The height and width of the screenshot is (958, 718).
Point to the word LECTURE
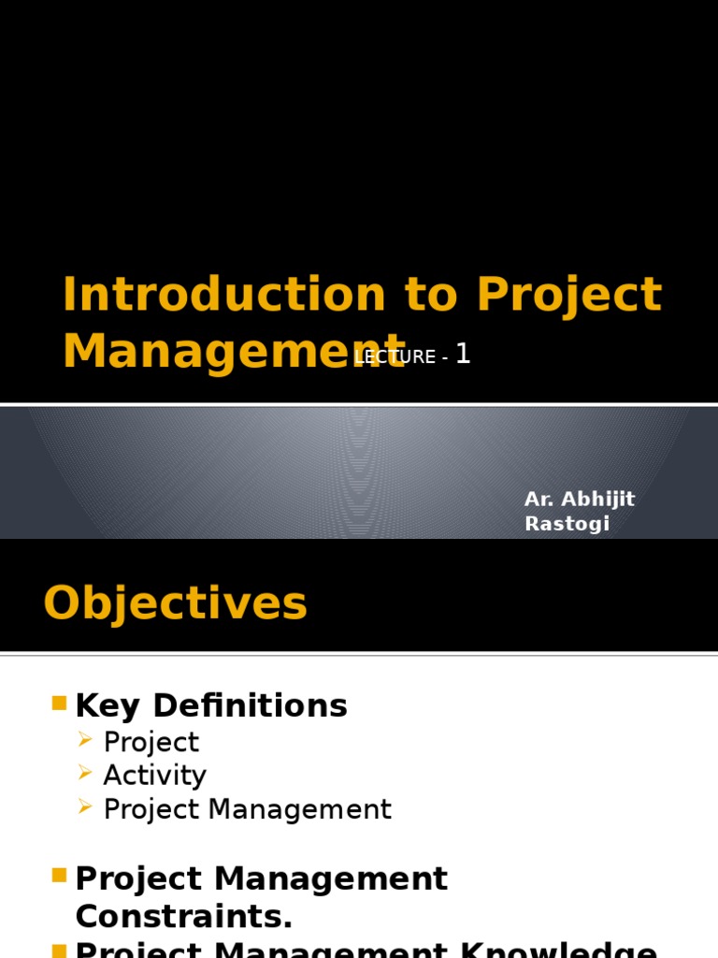(395, 357)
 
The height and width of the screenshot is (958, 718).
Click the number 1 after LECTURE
(462, 355)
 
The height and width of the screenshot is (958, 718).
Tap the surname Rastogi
(567, 524)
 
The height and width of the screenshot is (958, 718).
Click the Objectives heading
(175, 603)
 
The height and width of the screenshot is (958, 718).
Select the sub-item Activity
(154, 776)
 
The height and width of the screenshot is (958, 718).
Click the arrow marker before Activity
(85, 774)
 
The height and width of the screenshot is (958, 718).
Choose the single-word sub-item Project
(151, 742)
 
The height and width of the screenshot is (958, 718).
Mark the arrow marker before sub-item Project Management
(85, 807)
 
